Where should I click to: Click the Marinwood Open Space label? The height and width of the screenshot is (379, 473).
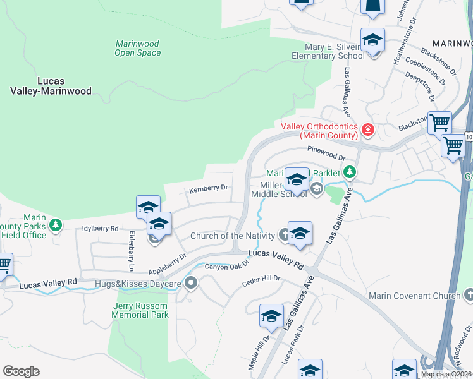coord(138,49)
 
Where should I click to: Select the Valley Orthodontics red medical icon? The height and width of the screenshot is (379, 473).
coord(368,131)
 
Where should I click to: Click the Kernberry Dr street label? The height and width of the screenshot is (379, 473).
coord(208,188)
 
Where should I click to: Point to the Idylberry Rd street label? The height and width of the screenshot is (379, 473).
coord(100,228)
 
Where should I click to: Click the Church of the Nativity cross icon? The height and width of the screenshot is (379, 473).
coord(285,236)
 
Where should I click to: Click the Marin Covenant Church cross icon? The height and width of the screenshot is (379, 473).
coord(469,295)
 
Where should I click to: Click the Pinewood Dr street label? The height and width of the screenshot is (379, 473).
coord(326,153)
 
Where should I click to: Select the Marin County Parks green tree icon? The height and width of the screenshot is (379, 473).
coord(56,224)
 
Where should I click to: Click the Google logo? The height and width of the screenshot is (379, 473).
coord(21,371)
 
